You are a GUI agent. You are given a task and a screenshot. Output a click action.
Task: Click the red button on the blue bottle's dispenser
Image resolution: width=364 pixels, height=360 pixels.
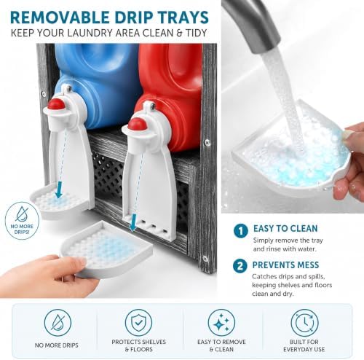pyautogui.click(x=56, y=104)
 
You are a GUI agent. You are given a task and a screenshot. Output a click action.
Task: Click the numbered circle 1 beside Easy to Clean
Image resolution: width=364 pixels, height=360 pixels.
pyautogui.click(x=241, y=231)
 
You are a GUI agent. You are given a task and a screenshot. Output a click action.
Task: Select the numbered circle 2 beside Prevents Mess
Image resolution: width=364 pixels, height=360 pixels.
pyautogui.click(x=240, y=266)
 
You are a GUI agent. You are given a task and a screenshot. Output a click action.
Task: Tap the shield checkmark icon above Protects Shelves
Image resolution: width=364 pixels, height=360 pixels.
pyautogui.click(x=138, y=322)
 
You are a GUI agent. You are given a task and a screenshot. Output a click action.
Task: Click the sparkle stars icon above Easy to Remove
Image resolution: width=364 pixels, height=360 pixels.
pyautogui.click(x=221, y=322)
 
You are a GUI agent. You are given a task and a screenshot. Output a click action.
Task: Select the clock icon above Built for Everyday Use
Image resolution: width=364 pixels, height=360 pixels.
pyautogui.click(x=304, y=323)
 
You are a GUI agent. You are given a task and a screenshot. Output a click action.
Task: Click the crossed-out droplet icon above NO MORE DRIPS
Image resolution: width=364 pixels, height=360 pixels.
pyautogui.click(x=58, y=322)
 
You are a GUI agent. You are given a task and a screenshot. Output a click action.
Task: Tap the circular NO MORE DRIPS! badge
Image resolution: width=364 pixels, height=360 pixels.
pyautogui.click(x=22, y=221)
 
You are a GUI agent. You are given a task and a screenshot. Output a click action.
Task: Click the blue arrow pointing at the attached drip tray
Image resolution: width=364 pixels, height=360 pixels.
pyautogui.click(x=58, y=190)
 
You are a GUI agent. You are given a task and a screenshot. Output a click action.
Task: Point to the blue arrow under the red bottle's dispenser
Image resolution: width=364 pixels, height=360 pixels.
pyautogui.click(x=133, y=222)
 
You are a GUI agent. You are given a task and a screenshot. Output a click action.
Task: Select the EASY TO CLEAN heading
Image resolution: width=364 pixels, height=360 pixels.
pyautogui.click(x=285, y=229)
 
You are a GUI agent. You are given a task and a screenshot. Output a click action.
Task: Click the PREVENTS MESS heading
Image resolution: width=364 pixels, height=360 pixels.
pyautogui.click(x=285, y=265)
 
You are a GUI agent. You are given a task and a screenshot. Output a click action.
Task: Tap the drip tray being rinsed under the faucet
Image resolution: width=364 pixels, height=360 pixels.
pyautogui.click(x=291, y=155)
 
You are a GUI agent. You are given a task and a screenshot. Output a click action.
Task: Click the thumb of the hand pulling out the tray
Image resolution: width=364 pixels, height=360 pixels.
pyautogui.click(x=73, y=263)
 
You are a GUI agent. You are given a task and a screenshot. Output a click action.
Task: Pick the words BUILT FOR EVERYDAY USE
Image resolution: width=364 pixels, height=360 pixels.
pyautogui.click(x=304, y=345)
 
